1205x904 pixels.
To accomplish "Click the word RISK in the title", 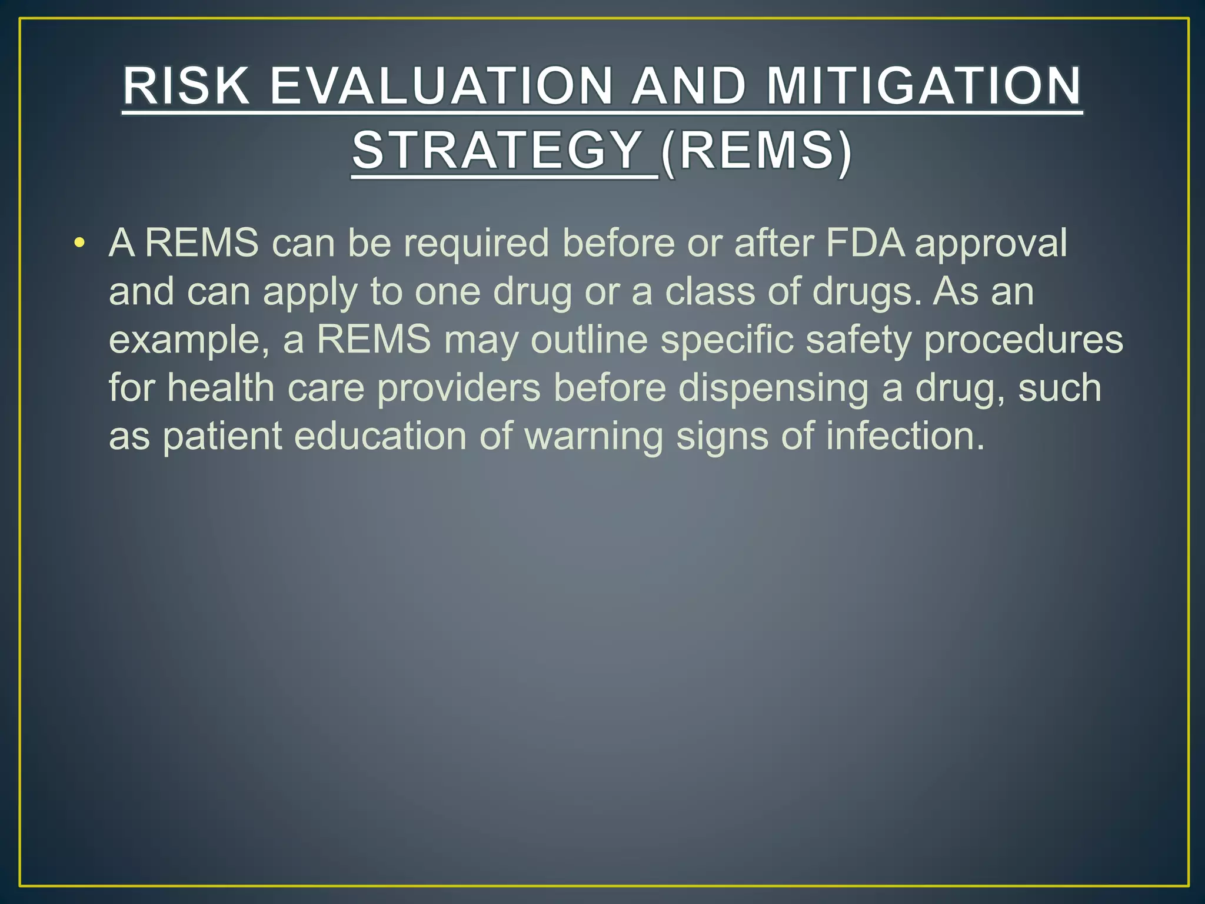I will [186, 87].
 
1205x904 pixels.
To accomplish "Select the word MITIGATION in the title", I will [924, 87].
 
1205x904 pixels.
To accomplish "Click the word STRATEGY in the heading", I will [498, 151].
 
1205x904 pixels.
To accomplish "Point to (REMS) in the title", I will [755, 151].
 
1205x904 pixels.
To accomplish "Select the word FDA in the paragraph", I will [866, 242].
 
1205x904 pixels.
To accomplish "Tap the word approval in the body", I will [991, 244].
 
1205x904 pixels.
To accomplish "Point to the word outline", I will [589, 340].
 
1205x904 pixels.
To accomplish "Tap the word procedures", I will [1024, 341].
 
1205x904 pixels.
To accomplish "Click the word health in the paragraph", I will [221, 388].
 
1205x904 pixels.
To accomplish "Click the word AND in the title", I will [688, 87].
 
